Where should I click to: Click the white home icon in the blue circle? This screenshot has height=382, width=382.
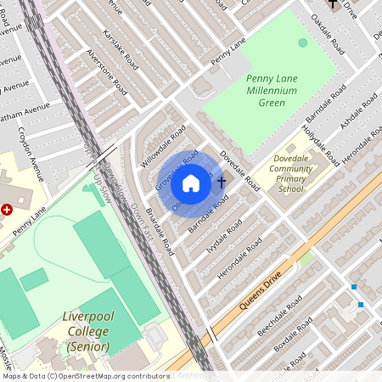(x=191, y=183)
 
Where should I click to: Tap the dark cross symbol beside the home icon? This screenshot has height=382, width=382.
(x=222, y=183)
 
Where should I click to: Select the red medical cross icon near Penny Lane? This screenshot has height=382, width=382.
(x=7, y=208)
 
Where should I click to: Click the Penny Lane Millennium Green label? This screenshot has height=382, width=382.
(x=271, y=90)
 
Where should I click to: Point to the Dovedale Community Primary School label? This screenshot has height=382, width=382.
(x=291, y=173)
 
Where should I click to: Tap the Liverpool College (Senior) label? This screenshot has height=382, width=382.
(x=87, y=332)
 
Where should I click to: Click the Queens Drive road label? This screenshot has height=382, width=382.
(x=259, y=292)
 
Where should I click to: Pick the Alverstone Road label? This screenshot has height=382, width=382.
(x=108, y=71)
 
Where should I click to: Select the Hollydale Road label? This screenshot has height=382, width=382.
(x=322, y=144)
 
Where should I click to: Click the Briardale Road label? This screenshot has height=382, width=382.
(x=159, y=232)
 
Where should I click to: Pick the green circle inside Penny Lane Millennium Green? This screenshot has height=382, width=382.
(x=303, y=42)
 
